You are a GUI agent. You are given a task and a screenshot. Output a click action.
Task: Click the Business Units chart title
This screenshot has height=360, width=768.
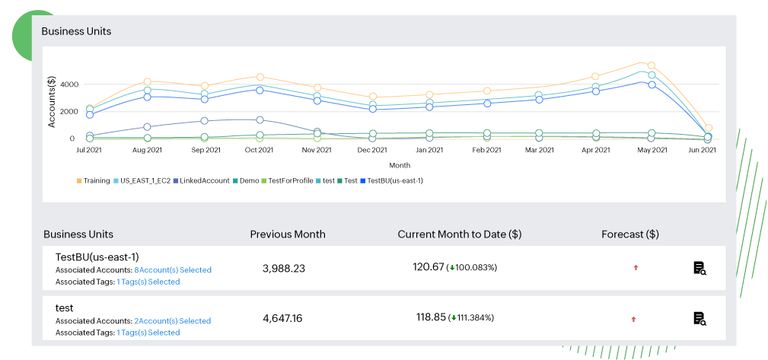(76, 31)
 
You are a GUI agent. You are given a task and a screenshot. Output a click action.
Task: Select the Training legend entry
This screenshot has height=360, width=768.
(97, 180)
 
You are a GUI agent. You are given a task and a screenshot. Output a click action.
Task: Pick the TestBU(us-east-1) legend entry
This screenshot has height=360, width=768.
(395, 180)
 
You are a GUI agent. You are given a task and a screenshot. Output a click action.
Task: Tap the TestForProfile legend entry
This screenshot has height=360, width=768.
(291, 180)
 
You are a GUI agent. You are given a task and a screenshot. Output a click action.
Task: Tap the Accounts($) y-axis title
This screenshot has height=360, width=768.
(52, 102)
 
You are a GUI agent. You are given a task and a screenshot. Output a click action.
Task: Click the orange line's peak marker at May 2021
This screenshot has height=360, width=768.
(651, 66)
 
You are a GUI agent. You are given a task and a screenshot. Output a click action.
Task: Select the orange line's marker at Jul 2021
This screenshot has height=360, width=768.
(91, 110)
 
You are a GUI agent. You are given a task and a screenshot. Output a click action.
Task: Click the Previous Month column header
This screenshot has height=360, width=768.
(288, 234)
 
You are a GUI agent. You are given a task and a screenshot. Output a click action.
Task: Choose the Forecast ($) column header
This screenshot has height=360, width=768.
(629, 234)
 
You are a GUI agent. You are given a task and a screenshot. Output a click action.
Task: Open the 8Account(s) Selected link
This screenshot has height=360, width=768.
(173, 270)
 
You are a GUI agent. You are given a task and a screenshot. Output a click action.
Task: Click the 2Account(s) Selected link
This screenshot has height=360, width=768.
(173, 321)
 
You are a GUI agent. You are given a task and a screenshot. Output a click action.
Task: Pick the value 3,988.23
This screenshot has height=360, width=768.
(283, 268)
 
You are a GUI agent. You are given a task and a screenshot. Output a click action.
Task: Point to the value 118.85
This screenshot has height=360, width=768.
(431, 317)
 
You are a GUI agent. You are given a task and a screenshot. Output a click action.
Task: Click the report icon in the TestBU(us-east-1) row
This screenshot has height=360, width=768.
(699, 268)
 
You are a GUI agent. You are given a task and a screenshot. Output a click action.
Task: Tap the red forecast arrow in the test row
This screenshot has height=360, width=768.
(633, 319)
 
